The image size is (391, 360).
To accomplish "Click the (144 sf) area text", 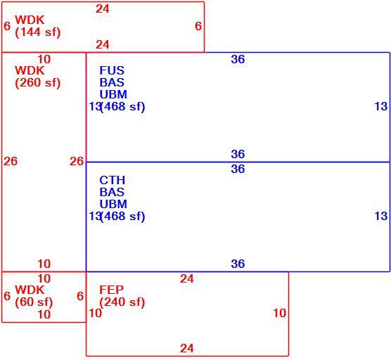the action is click(38, 32).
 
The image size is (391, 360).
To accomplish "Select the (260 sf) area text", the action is click(38, 83).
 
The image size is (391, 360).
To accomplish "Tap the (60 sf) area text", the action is click(34, 302).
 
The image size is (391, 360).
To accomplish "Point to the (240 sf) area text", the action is click(122, 302).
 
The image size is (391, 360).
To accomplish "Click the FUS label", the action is click(112, 70).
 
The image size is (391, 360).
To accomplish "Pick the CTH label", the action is click(113, 180).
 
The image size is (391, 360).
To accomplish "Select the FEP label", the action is click(111, 290).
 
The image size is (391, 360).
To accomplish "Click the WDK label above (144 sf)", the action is click(30, 20).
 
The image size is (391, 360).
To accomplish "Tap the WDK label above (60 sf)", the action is click(30, 290).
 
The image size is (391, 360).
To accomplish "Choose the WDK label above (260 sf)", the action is click(30, 70).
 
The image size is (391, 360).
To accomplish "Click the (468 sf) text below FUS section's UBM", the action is click(122, 107).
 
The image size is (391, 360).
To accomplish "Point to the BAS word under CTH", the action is click(112, 192).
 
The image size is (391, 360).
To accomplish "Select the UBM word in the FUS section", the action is click(113, 94).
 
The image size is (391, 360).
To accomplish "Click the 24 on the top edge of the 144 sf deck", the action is click(103, 9).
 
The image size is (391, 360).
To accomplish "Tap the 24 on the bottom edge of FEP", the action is click(187, 348).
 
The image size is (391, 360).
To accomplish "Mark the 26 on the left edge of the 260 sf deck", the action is click(11, 161).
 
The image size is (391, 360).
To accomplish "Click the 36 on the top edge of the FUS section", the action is click(238, 59).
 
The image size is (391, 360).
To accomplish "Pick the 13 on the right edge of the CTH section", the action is click(381, 216).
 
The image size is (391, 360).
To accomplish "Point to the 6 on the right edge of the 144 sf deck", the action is click(198, 26).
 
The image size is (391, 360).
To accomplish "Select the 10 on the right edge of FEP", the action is click(279, 313).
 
